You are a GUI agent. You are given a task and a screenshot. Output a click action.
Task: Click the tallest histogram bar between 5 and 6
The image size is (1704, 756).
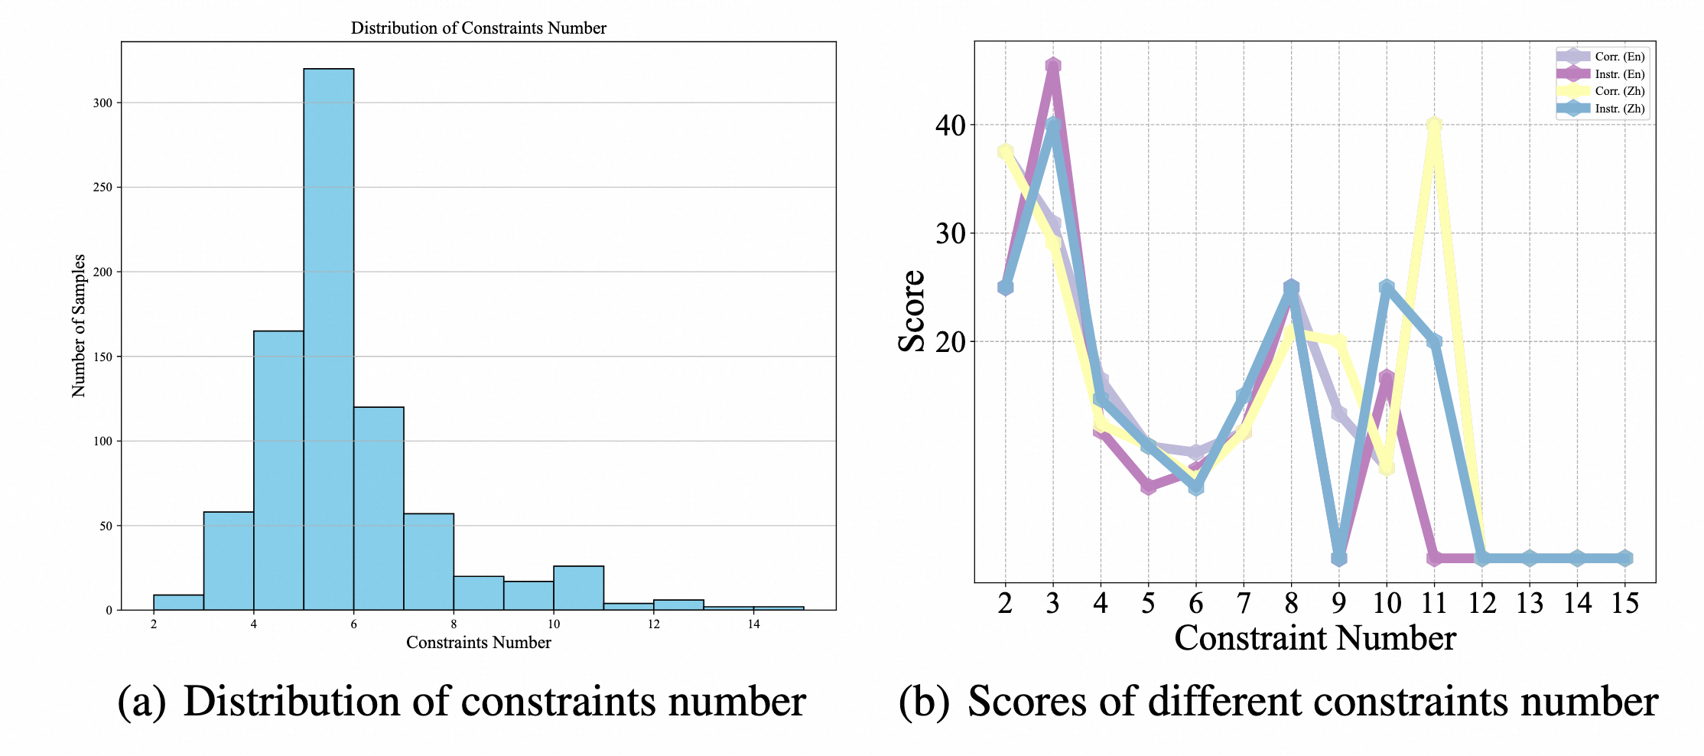tap(328, 337)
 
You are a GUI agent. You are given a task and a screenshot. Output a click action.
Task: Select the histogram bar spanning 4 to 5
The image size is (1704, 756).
tap(278, 470)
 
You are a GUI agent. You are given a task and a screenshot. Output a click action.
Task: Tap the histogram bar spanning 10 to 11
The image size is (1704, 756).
tap(578, 588)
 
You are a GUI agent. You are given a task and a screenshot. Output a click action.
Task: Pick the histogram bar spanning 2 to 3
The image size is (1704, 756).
tap(178, 602)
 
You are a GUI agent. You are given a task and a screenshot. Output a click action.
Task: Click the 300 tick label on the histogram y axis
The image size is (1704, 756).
tap(102, 103)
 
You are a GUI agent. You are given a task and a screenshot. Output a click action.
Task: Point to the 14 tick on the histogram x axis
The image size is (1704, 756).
tap(753, 624)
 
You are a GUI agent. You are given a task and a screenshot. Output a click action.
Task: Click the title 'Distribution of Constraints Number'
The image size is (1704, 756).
tap(478, 28)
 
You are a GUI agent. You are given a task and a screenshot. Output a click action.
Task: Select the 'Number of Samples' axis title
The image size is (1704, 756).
tap(79, 326)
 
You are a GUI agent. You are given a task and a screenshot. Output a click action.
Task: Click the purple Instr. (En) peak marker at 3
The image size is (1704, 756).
tap(1052, 67)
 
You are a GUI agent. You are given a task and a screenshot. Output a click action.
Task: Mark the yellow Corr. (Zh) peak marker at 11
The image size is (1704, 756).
tap(1434, 125)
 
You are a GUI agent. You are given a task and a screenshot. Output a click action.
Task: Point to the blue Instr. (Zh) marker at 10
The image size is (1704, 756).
tap(1387, 288)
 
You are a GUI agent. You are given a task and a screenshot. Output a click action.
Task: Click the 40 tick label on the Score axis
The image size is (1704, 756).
tap(950, 125)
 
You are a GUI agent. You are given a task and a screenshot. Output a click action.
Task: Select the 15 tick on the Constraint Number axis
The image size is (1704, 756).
tap(1624, 604)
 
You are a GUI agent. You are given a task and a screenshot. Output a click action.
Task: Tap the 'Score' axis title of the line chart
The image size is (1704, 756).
tap(912, 311)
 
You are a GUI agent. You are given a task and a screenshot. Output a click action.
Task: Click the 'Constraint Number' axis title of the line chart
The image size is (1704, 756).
tap(1315, 638)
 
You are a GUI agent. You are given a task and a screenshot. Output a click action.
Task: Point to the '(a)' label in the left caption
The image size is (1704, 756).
tap(141, 702)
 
